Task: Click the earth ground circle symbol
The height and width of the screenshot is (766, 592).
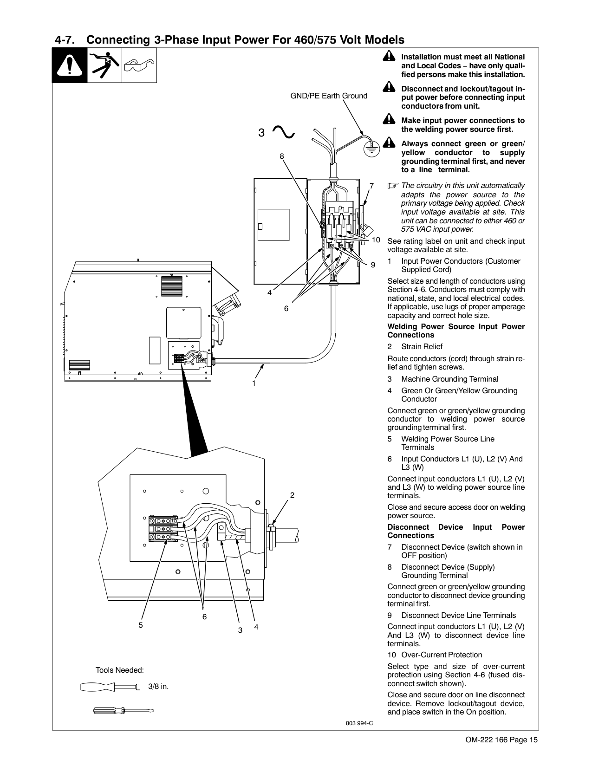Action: (371, 149)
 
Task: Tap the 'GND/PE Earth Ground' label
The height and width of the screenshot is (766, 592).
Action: (329, 96)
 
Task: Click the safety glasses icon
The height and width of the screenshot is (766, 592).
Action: (139, 65)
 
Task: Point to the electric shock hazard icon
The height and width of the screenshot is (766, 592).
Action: (104, 65)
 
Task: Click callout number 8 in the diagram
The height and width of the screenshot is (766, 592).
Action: (282, 156)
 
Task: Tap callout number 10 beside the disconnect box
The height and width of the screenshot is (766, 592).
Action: (376, 240)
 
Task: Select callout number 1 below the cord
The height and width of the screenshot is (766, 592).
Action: (254, 383)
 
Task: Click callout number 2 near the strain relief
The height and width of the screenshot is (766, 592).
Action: (292, 495)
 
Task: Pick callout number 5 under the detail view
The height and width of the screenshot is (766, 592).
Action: (140, 625)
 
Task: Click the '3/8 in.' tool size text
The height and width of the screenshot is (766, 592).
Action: (158, 686)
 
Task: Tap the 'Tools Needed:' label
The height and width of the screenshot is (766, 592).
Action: (119, 670)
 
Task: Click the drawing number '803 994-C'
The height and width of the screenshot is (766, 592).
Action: (359, 723)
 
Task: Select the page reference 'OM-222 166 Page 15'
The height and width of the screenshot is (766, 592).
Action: (501, 740)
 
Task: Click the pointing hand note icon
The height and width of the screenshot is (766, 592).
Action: (393, 185)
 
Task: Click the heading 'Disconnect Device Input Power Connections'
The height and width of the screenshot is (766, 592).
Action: (456, 531)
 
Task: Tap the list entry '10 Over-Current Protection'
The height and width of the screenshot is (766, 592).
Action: (435, 655)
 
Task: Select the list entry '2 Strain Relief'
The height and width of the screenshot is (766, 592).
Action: (415, 346)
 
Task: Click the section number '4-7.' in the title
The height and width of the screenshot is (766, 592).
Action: (65, 40)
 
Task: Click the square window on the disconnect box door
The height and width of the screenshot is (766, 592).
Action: (273, 225)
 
